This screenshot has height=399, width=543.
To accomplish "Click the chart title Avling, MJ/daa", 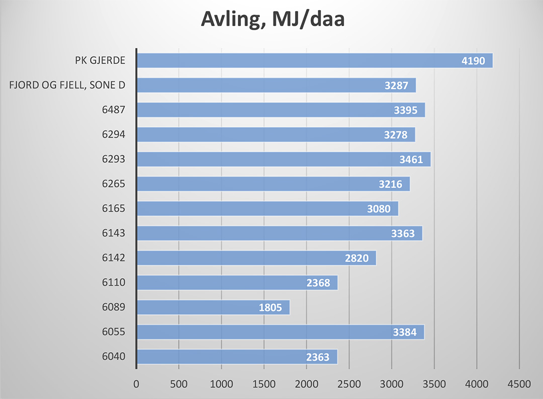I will click(x=272, y=19).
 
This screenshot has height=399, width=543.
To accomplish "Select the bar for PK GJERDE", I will click(x=302, y=61).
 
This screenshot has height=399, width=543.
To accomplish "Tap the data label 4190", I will click(x=473, y=61).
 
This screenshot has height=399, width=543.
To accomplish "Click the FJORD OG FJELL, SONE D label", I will click(x=67, y=86).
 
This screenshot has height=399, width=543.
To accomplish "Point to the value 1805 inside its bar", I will click(x=270, y=308).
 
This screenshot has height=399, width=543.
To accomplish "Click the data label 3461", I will click(x=411, y=160).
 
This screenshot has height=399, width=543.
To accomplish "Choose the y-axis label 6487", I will click(x=113, y=110).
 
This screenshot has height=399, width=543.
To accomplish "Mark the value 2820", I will click(x=357, y=259).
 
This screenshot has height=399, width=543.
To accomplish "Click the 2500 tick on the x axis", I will click(x=349, y=384).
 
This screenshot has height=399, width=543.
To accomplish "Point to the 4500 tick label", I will click(x=519, y=384).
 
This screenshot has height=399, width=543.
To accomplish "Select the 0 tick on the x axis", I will click(x=136, y=384).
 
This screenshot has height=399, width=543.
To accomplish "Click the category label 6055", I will click(x=113, y=332).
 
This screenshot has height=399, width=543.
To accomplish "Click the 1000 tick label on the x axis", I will click(x=221, y=384).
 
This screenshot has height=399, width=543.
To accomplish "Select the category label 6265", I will click(x=113, y=184).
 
